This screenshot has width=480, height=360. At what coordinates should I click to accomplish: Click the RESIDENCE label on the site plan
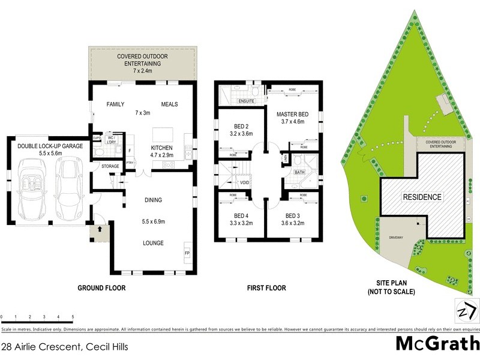pyautogui.click(x=422, y=197)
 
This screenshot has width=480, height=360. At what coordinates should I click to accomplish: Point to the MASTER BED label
pyautogui.click(x=291, y=114)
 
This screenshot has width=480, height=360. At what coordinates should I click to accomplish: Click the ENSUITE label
pyautogui.click(x=231, y=101)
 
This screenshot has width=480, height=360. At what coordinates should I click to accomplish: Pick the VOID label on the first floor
pyautogui.click(x=244, y=182)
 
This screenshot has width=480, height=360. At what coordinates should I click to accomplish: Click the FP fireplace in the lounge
pyautogui.click(x=187, y=253)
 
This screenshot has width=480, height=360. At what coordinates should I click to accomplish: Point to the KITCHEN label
pyautogui.click(x=162, y=148)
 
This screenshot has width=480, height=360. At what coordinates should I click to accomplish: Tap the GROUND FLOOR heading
pyautogui.click(x=101, y=288)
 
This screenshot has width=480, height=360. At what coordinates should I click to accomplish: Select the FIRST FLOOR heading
pyautogui.click(x=266, y=288)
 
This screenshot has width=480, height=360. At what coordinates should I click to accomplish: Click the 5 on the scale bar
pyautogui.click(x=73, y=316)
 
